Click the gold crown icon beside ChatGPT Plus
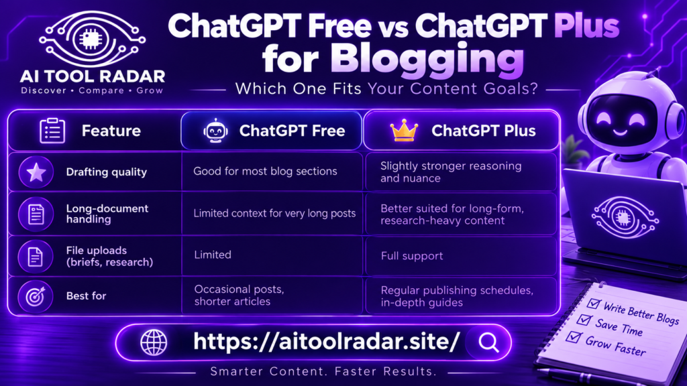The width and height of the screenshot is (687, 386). [403, 131]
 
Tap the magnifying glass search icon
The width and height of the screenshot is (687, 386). [488, 342]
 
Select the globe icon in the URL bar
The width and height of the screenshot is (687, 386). [154, 342]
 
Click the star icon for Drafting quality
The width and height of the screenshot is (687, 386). [36, 172]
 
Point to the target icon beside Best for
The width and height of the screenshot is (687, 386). [36, 297]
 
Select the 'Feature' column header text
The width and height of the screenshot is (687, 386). [111, 131]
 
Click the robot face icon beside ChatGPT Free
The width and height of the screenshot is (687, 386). [215, 131]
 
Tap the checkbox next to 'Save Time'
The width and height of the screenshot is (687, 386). [584, 320]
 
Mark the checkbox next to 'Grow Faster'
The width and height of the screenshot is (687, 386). [574, 337]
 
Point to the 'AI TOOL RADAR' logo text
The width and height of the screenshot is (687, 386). [93, 76]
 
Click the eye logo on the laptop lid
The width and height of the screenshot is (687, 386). [625, 218]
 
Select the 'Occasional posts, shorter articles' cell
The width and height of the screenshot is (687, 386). [240, 296]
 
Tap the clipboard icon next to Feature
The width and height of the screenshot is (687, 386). [52, 131]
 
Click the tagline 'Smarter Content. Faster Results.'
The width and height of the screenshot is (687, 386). [323, 371]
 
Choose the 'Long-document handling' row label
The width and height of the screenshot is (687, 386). [107, 214]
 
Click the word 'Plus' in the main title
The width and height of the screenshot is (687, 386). [586, 26]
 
